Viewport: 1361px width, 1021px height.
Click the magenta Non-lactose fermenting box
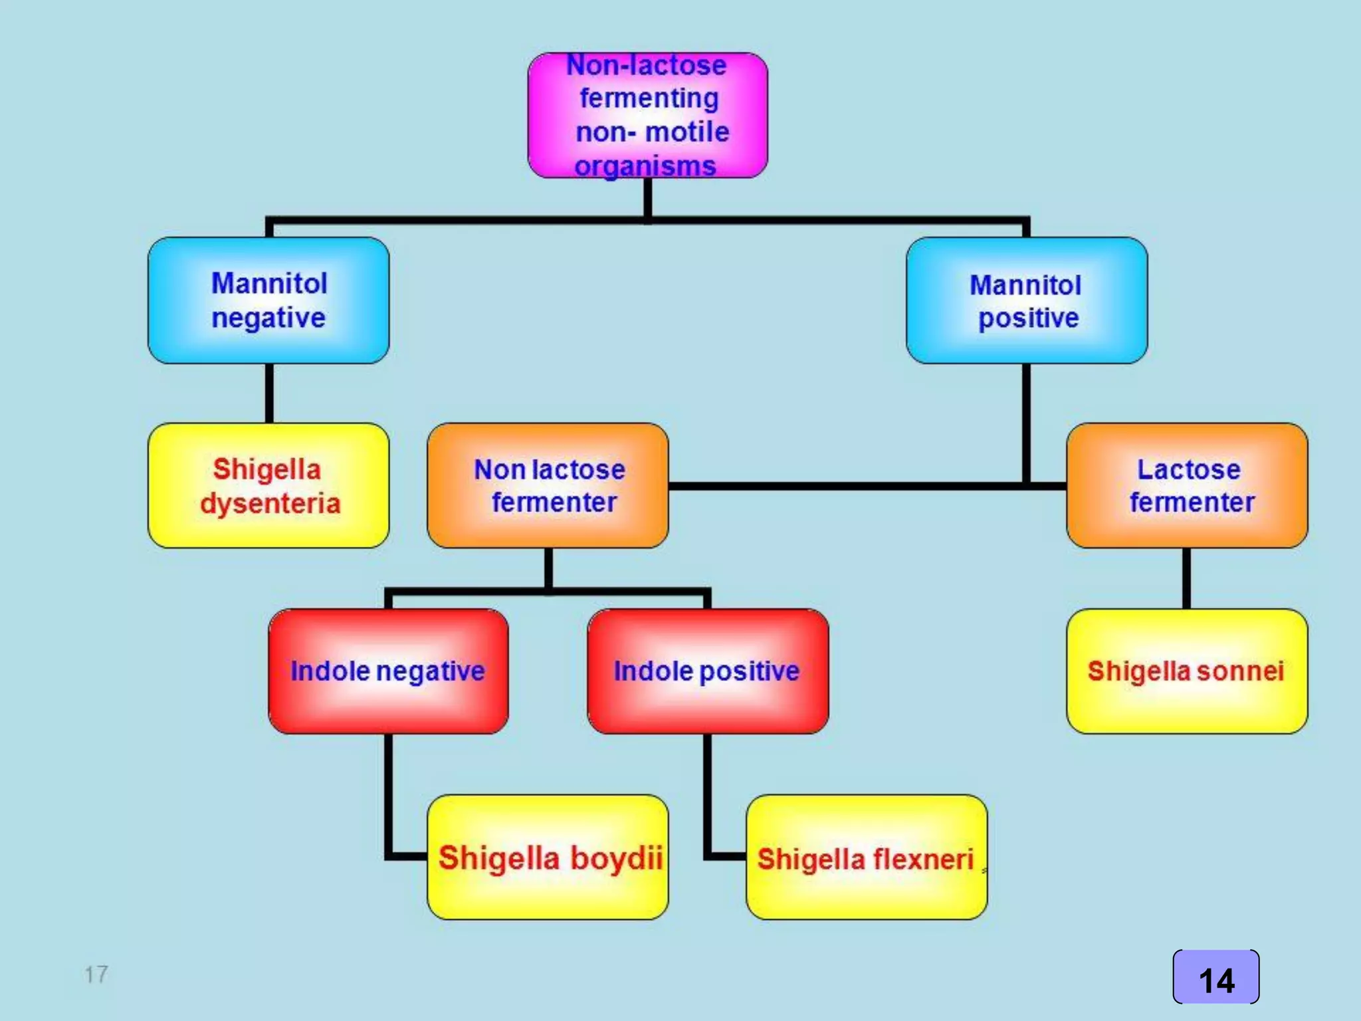point(647,115)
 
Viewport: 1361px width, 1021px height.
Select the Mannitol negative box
point(268,300)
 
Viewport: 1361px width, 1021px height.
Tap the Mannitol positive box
point(1026,300)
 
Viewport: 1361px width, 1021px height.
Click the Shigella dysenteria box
point(268,486)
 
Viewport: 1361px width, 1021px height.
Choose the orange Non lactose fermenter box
point(548,486)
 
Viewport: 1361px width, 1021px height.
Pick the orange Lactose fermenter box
point(1187,486)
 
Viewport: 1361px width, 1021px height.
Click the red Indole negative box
point(388,671)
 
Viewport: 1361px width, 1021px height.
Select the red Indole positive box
point(708,671)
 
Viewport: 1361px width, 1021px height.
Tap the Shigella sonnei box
point(1187,671)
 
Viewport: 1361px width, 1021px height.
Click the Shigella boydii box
point(548,857)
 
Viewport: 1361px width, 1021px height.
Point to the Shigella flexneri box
point(867,857)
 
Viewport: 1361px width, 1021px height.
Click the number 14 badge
point(1216,978)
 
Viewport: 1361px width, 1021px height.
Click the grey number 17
point(96,974)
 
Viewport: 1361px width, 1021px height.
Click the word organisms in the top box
point(645,166)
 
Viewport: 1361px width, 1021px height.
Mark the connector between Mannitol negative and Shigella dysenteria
point(269,393)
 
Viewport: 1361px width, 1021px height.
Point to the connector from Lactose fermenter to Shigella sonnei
point(1186,578)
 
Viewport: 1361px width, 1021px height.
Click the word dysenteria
point(270,504)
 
